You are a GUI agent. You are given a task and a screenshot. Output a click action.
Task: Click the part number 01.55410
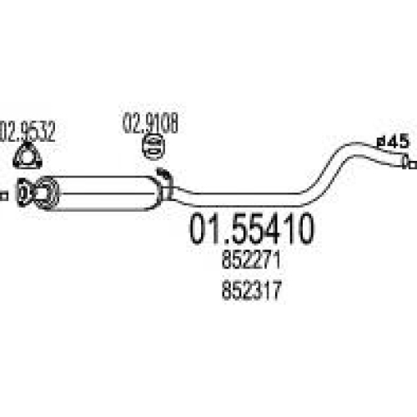tap(252, 229)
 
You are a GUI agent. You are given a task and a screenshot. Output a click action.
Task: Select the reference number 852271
tap(251, 259)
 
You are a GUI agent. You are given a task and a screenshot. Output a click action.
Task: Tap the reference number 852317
tap(252, 290)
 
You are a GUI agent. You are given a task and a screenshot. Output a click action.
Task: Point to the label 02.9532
tap(27, 132)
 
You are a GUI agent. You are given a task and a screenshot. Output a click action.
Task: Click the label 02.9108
tap(150, 123)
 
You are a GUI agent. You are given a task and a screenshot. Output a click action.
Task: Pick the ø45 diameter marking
tap(394, 141)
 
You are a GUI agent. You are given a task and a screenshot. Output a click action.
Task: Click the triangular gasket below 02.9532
tap(28, 156)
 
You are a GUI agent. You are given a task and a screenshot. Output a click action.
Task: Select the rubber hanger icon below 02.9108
tap(153, 148)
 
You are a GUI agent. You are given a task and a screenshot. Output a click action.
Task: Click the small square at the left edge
tap(3, 195)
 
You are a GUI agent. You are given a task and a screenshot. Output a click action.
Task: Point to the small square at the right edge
tap(414, 165)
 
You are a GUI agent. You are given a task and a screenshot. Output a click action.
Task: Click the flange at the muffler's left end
tap(24, 193)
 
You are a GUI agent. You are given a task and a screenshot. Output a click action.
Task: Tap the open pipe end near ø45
tap(405, 161)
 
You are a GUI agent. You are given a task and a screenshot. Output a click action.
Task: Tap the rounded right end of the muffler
tap(153, 193)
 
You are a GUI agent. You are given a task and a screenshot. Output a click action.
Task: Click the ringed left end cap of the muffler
tap(46, 193)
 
